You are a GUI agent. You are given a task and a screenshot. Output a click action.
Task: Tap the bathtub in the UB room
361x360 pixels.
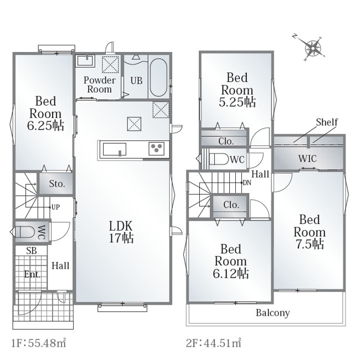point(158,78)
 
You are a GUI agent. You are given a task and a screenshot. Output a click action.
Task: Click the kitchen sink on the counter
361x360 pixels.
point(115,149)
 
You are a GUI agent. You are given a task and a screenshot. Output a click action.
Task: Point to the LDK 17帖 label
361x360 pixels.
point(121,232)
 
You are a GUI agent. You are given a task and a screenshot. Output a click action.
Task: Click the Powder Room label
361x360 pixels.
point(100,85)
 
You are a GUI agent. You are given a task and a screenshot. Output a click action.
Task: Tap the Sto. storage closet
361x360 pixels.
point(56,184)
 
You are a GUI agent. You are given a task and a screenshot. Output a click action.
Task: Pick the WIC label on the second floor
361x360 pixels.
point(307,158)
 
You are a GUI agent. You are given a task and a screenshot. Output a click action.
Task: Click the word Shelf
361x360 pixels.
point(327,122)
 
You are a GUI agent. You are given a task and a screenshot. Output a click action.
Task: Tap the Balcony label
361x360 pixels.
point(273,313)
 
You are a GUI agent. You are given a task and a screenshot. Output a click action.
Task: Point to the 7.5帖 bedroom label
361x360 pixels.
point(310,232)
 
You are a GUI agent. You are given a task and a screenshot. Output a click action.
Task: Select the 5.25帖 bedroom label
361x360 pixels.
point(237,90)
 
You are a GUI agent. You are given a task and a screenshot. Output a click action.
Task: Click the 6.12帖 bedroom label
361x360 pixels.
point(231,261)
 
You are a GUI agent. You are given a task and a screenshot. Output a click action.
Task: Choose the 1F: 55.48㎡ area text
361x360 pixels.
point(39,343)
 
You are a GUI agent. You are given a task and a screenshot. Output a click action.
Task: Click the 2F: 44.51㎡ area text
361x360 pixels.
point(214,343)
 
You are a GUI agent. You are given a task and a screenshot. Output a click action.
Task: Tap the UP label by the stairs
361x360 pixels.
point(55,207)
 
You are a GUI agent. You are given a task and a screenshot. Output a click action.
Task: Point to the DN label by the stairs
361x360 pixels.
point(247,182)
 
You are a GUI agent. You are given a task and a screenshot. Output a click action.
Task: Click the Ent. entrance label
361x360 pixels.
point(32,274)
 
